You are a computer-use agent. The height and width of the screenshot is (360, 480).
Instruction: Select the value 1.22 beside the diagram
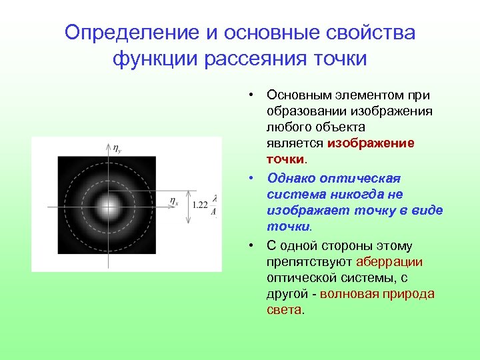click(199, 205)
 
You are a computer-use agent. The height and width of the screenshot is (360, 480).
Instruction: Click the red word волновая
click(351, 294)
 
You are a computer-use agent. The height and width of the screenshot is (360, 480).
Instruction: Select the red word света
click(283, 310)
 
